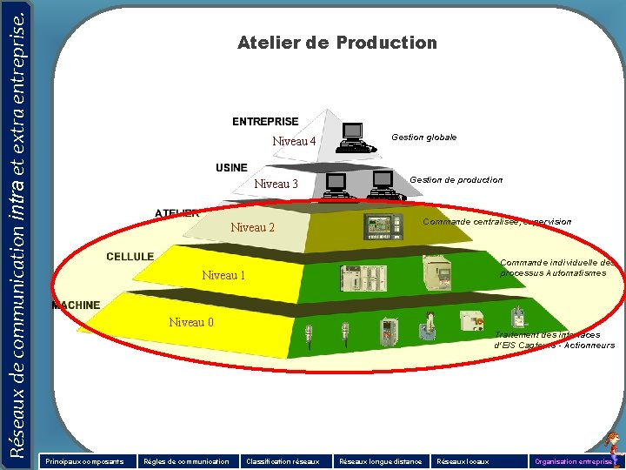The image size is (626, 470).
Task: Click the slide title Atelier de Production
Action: point(336,43)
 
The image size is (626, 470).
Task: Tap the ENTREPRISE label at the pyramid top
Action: point(265,122)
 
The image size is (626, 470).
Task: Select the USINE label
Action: point(231,167)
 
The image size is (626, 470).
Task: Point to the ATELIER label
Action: point(176,213)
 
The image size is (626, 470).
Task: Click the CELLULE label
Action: point(130,257)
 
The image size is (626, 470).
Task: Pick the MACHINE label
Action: point(76,305)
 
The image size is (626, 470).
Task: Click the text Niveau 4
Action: point(294,141)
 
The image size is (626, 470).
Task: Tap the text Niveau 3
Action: point(276,184)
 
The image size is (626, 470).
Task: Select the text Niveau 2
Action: point(252,228)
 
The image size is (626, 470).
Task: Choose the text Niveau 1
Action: point(223,275)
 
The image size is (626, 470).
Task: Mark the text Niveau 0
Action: point(191,323)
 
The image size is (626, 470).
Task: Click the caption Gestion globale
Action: point(423,138)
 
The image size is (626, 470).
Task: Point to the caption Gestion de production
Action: point(456,180)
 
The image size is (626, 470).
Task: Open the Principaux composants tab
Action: point(85,460)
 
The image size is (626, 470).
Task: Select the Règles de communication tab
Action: point(186,460)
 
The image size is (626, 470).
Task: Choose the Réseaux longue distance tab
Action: point(380,460)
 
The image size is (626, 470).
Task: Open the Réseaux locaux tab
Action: point(463,460)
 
